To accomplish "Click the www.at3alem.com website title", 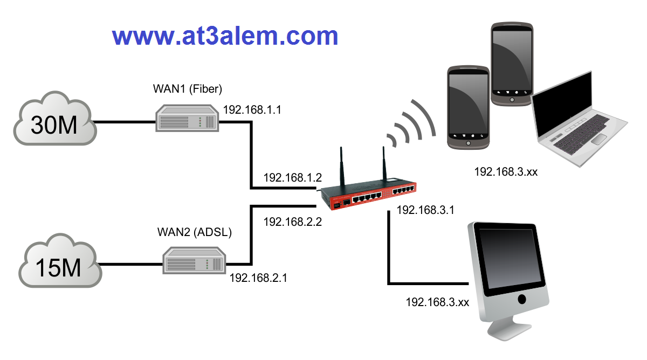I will click(x=225, y=36).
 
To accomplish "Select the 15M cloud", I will click(x=59, y=264).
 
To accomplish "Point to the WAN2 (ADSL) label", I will click(x=194, y=232).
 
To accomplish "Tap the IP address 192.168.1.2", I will click(x=292, y=178).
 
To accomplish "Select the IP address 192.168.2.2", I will click(x=292, y=221).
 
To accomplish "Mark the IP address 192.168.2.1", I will click(x=259, y=278).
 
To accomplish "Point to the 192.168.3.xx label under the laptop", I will click(x=506, y=172).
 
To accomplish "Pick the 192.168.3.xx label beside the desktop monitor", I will click(x=437, y=302).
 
